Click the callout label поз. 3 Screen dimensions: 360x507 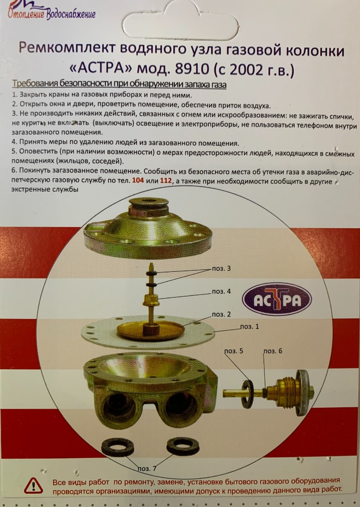221,269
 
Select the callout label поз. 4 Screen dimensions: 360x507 221,292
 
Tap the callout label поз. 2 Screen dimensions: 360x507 221,314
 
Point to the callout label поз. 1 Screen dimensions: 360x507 249,326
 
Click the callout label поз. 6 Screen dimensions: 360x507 272,351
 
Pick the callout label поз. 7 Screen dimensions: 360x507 147,468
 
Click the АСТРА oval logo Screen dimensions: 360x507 277,300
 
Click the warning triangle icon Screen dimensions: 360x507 33,485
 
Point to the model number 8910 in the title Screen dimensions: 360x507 189,69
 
